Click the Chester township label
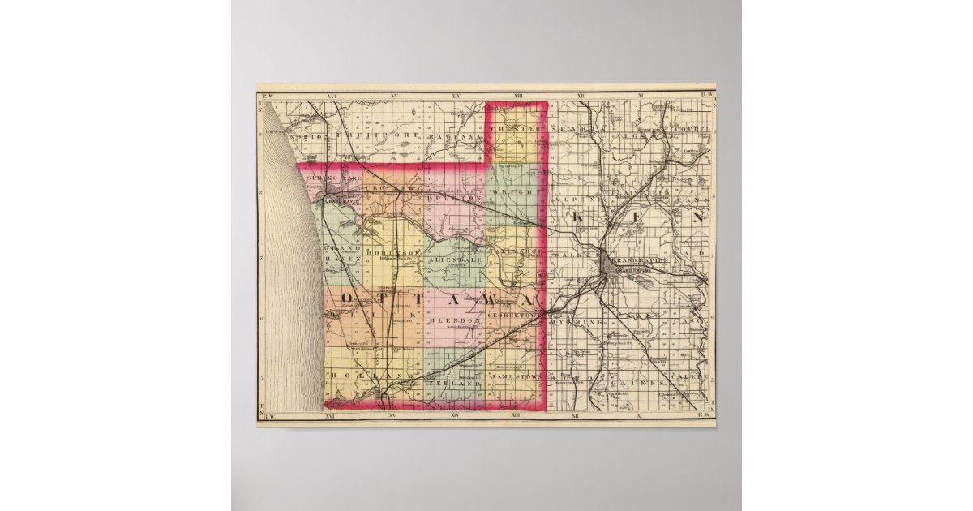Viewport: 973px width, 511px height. (516, 130)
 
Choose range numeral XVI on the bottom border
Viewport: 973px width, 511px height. (329, 416)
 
